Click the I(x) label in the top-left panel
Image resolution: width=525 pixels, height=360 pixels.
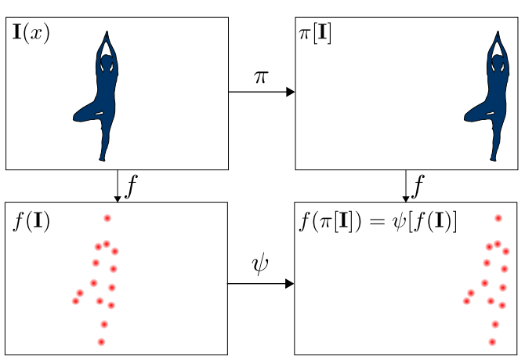31,35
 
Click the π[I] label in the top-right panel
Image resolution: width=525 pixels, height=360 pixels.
316,35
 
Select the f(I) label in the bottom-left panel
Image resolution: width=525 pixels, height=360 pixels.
31,221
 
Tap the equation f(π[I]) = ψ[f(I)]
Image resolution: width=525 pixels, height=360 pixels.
378,221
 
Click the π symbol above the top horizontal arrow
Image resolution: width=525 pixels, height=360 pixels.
261,77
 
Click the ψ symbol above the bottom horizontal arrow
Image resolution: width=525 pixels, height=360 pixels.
260,265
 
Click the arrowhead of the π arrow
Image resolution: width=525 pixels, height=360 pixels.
290,93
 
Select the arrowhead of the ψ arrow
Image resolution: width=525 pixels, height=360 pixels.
290,283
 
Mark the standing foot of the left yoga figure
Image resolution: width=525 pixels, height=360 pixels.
102,158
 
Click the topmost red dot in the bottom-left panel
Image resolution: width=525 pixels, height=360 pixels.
107,218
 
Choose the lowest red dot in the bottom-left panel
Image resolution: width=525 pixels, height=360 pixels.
101,342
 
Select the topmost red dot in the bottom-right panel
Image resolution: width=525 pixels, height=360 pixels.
498,218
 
